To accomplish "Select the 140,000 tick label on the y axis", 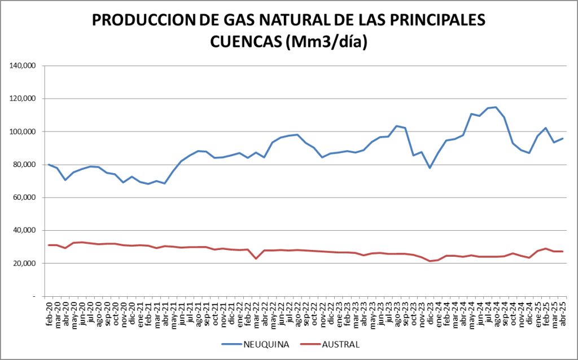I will tap(23, 66).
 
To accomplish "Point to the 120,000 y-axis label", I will tap(23, 99).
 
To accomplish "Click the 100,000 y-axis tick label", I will tap(23, 131).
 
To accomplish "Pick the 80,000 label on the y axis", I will tap(25, 165).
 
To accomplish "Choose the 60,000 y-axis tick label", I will tap(25, 197).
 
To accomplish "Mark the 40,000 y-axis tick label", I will tap(25, 230).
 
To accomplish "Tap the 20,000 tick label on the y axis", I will tap(25, 264).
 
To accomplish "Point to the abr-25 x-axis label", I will tap(563, 313).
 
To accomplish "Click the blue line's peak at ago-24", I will tap(496, 107).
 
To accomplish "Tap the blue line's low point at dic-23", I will tap(430, 168).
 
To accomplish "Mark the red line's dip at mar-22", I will tap(256, 258).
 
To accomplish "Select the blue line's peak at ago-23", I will tap(397, 126).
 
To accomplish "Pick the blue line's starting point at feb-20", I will tap(49, 164).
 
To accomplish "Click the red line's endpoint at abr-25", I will tap(562, 251).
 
